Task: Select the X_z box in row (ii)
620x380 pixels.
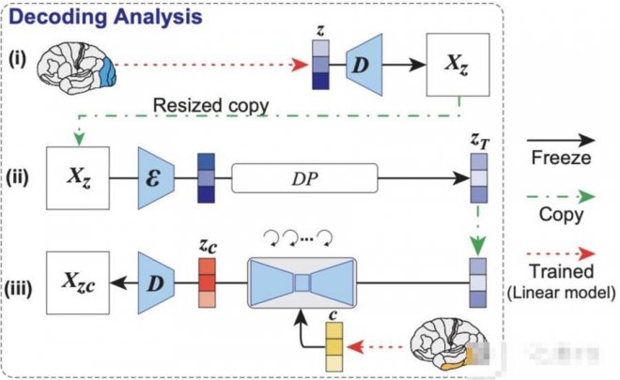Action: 77,176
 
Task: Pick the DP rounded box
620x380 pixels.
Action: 304,175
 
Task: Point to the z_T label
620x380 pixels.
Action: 479,140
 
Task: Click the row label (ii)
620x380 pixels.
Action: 22,176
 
